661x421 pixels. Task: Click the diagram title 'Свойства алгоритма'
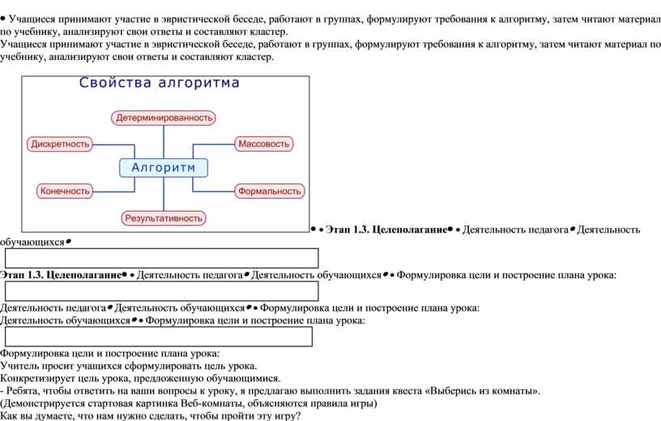(159, 83)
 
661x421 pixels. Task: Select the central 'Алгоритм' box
(164, 168)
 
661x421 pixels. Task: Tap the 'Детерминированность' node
(164, 118)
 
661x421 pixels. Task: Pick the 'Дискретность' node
(60, 144)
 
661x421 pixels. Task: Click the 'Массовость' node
(263, 144)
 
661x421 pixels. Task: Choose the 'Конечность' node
(65, 191)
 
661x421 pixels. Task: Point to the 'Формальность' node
(270, 191)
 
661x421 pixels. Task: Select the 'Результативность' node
(164, 218)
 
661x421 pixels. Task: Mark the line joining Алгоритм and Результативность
(164, 194)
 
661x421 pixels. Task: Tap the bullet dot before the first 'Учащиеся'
(3, 19)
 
